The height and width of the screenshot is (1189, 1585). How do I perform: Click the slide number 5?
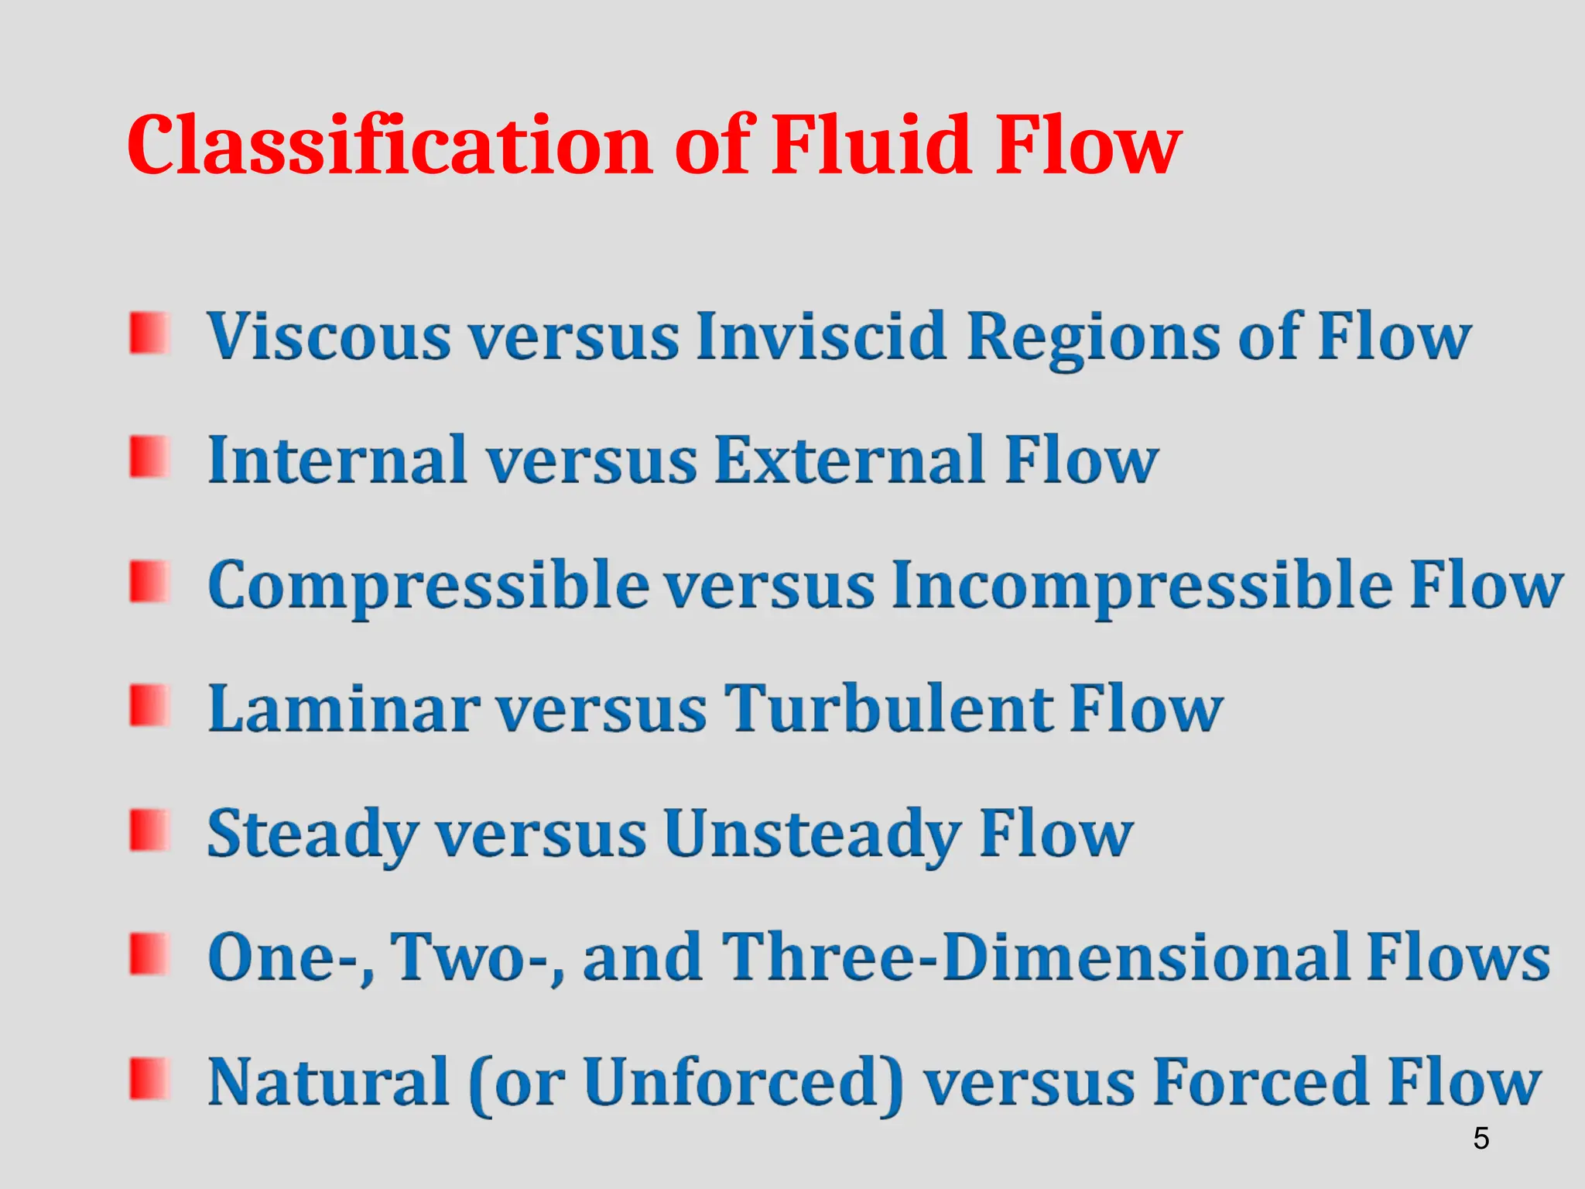(1481, 1138)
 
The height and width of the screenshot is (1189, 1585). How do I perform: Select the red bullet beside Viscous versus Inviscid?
(149, 334)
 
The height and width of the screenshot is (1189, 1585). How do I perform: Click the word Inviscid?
(821, 337)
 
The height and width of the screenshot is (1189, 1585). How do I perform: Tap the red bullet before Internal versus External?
(149, 457)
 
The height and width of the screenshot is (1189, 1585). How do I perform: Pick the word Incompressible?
(1142, 586)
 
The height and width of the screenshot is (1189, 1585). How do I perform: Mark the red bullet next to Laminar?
(149, 705)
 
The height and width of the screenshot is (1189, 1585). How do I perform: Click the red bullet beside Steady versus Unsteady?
(149, 831)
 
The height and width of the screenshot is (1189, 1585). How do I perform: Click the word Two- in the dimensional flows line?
(476, 958)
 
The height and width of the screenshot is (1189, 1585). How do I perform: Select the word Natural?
(328, 1081)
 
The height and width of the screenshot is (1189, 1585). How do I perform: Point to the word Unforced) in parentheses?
(743, 1081)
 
